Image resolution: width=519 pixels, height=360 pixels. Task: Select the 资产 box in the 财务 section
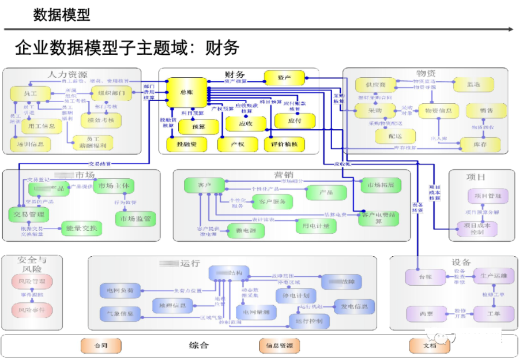point(284,77)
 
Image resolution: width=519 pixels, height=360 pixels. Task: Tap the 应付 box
point(295,121)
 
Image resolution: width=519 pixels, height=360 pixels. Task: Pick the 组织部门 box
point(111,93)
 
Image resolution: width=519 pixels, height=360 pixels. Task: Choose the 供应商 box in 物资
point(375,85)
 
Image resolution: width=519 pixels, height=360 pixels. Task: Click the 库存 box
point(480,142)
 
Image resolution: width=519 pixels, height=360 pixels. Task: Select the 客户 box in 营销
point(204,185)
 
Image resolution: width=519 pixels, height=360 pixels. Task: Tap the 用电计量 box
point(315,227)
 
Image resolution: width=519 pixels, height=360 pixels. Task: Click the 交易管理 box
point(28,214)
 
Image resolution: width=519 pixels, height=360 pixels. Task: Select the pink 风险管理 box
point(32,282)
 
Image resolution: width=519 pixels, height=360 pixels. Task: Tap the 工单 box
point(492,314)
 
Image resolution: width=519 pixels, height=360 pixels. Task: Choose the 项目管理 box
point(488,196)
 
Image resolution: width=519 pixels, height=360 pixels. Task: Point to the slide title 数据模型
point(62,14)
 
